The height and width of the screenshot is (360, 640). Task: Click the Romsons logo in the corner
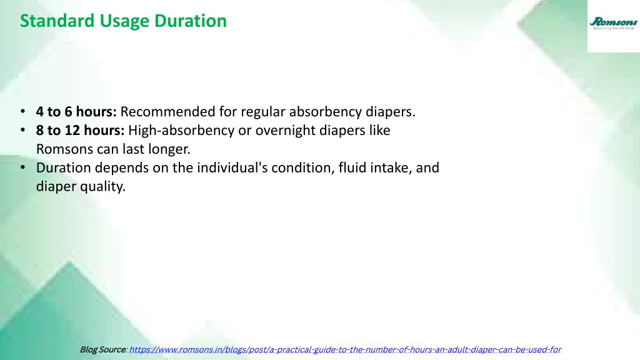tap(614, 23)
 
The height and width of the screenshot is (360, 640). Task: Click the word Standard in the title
tap(57, 21)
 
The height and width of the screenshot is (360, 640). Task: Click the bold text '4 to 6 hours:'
tap(76, 111)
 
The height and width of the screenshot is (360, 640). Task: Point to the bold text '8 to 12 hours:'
tap(81, 130)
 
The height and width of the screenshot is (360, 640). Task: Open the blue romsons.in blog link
tap(345, 350)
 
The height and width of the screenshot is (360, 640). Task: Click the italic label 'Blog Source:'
tap(104, 349)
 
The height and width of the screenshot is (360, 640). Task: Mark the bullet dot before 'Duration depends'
tap(23, 167)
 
